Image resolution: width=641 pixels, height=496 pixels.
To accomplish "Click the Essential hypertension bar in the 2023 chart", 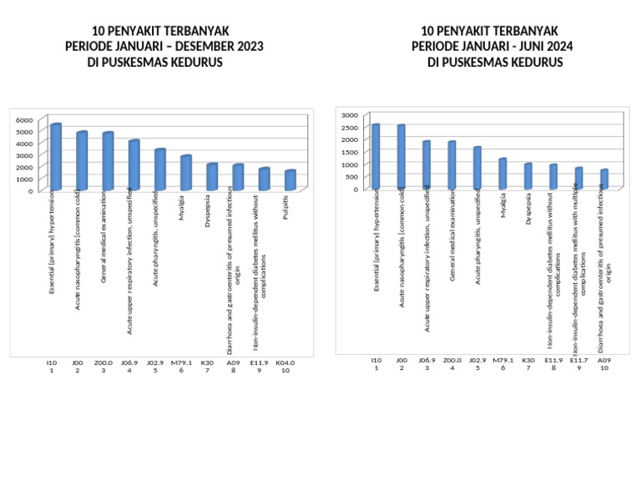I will tap(55, 157).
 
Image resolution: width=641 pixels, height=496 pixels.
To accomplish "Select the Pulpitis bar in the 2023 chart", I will tap(290, 180).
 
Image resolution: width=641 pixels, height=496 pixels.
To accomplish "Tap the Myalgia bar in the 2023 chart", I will tap(185, 172).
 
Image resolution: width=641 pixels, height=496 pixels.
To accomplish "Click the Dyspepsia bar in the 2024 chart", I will tap(527, 176).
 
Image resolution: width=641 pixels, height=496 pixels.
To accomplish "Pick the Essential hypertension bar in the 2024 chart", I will tap(376, 156).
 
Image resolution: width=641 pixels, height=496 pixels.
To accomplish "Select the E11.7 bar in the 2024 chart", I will tap(578, 178).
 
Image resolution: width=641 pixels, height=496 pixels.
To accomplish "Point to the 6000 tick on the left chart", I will tap(27, 119).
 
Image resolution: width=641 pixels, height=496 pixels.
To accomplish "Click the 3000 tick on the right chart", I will tap(350, 114).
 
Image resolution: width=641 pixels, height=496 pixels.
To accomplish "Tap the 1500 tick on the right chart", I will tap(350, 152).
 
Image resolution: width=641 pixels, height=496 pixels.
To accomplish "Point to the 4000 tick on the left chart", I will tap(27, 144).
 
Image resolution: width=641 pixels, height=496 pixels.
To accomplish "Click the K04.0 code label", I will tap(285, 362).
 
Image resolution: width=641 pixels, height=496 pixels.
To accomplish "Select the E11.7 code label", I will tap(579, 360).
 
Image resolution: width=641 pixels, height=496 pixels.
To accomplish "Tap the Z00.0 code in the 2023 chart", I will tap(103, 362).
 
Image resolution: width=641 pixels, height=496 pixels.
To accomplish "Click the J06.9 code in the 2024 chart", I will tap(426, 360).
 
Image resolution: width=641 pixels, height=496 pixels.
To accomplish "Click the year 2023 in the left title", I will tap(249, 47).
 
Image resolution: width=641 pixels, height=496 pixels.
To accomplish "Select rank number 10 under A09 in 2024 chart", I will tap(604, 367).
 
